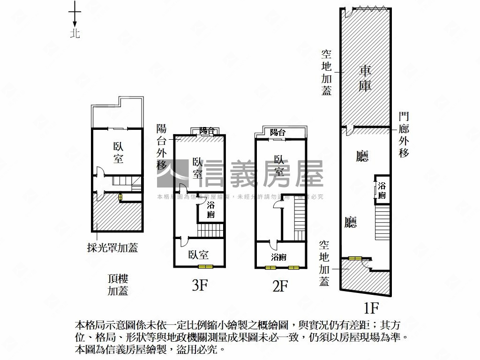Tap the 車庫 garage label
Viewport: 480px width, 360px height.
(365, 78)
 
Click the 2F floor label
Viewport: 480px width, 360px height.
(279, 285)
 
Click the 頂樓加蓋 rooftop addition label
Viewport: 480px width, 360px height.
(118, 285)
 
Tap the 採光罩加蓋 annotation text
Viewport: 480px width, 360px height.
(112, 248)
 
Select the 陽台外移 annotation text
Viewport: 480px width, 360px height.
(162, 147)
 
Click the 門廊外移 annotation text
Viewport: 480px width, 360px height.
(404, 135)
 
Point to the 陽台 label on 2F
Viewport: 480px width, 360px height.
(278, 133)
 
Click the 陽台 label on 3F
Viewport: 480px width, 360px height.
(207, 131)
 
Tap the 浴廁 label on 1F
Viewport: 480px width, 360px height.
(382, 189)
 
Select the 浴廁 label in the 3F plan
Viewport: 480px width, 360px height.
(211, 210)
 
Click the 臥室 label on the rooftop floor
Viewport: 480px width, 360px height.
(118, 152)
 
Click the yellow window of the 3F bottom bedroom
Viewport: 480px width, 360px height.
(205, 267)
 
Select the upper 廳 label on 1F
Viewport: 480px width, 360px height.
(362, 156)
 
